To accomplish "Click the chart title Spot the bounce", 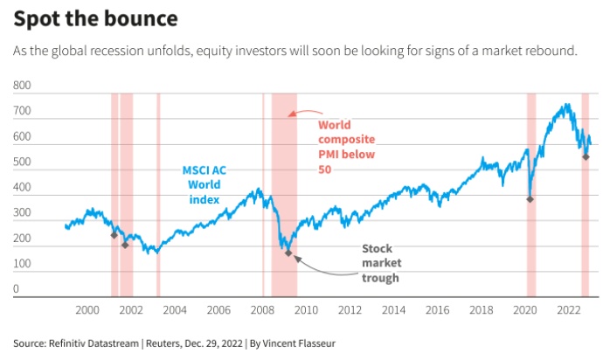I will [96, 18].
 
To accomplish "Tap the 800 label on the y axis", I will [22, 87].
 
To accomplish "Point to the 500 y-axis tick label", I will [22, 163].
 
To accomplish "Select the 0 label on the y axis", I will [16, 288].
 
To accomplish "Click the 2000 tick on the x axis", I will [87, 310].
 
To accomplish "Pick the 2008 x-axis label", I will [263, 310].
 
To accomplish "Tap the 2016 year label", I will [438, 310].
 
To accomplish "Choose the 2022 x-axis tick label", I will [570, 310].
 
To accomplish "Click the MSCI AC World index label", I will [204, 184].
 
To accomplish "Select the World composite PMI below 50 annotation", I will [347, 146].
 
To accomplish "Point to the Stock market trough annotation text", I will [380, 263].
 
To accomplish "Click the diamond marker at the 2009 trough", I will [288, 253].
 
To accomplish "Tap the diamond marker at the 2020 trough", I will [530, 199].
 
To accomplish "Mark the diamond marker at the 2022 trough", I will [586, 156].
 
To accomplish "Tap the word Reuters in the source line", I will [165, 343].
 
